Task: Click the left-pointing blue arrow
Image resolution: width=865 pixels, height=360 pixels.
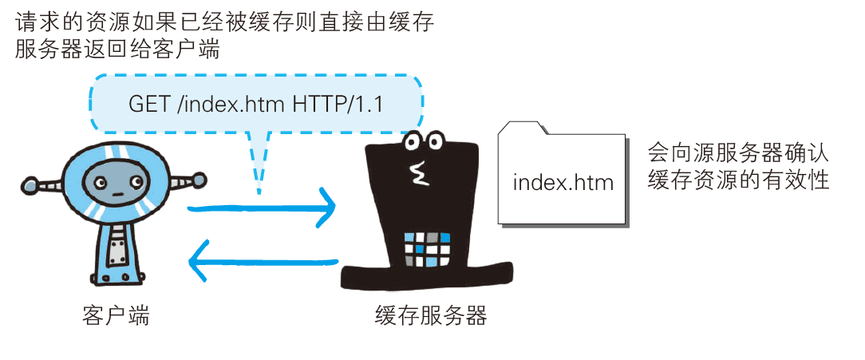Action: [263, 260]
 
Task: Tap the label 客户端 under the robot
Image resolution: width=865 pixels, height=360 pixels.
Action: [116, 315]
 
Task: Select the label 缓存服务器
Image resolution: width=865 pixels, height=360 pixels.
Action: [431, 315]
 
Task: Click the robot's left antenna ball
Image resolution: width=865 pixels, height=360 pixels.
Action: [29, 187]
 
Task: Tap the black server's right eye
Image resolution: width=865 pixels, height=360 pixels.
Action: [436, 140]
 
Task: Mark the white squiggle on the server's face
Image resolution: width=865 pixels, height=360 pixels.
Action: [416, 171]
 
